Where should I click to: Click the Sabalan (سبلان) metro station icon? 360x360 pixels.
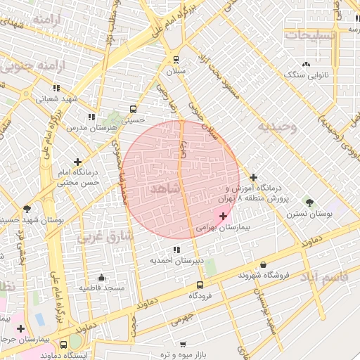(x=176, y=60)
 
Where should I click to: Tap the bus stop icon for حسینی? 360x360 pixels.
(x=133, y=109)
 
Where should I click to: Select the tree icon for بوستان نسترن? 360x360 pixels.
(x=310, y=202)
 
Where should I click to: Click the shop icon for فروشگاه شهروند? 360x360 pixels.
(x=263, y=264)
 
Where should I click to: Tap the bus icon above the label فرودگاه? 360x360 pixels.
(x=200, y=285)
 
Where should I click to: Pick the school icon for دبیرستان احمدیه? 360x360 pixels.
(x=176, y=250)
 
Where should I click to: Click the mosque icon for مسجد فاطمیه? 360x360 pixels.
(x=102, y=277)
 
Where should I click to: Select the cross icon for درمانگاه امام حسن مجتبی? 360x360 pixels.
(x=77, y=162)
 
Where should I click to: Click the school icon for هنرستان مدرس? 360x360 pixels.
(x=91, y=117)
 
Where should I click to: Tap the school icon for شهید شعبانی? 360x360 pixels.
(x=56, y=88)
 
